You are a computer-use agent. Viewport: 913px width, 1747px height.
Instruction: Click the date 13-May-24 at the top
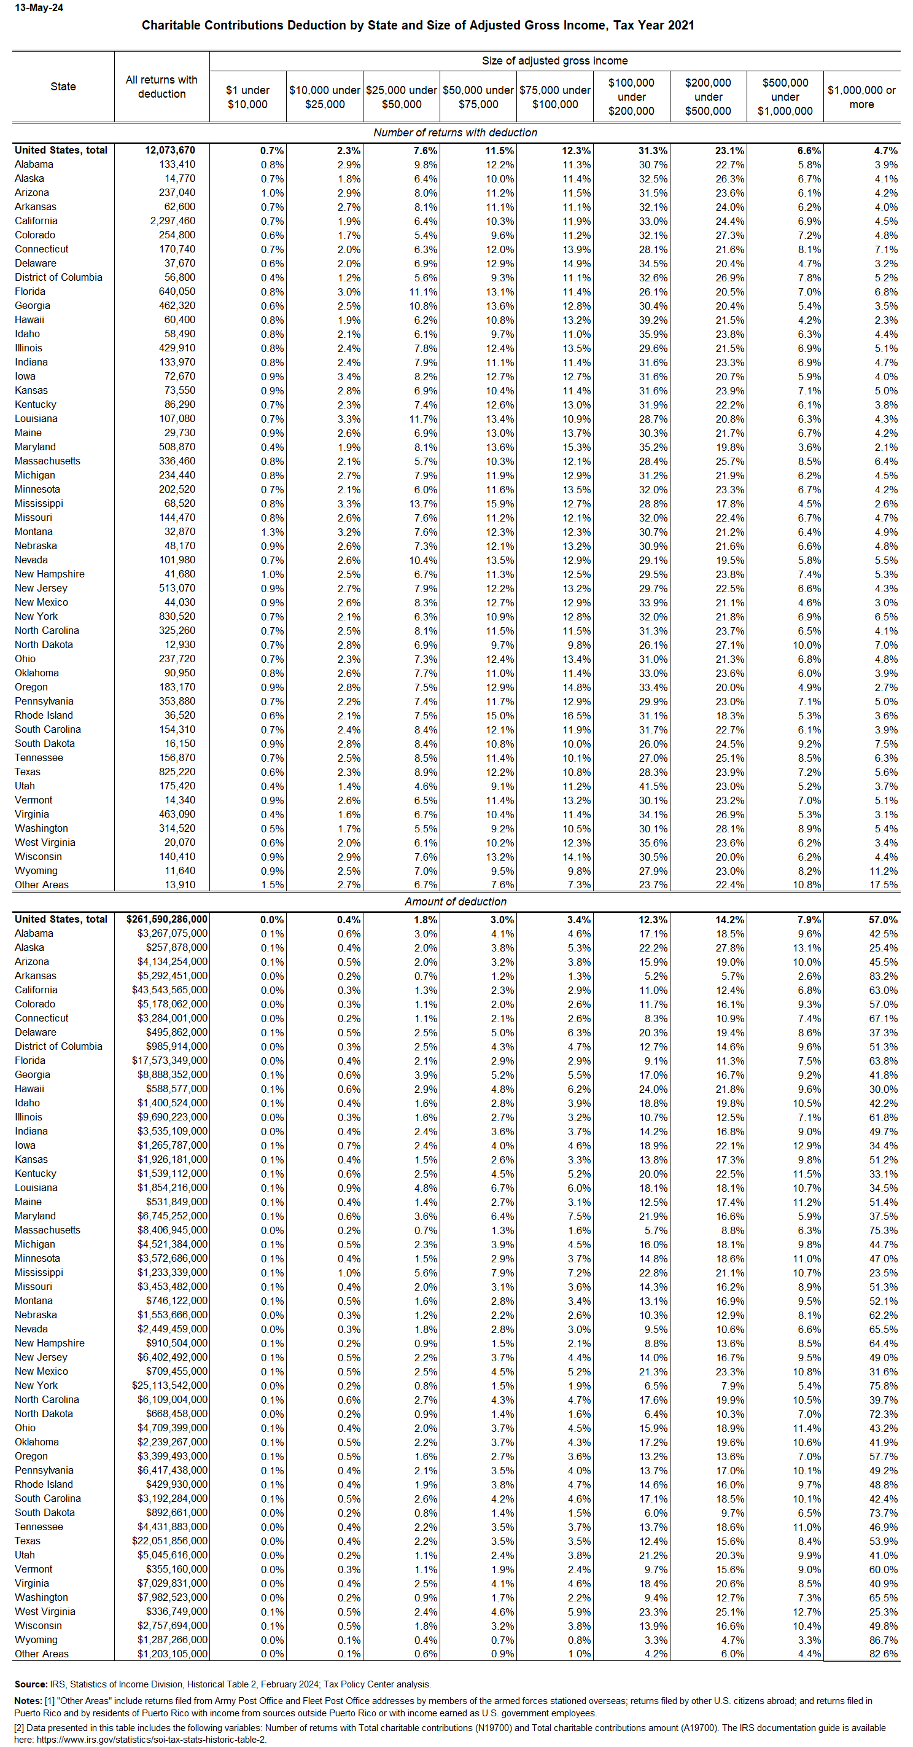[39, 8]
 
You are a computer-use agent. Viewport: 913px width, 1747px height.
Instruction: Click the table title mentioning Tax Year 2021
[418, 26]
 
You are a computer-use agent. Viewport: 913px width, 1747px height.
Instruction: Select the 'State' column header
[63, 87]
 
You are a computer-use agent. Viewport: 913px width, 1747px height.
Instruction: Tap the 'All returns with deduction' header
[161, 87]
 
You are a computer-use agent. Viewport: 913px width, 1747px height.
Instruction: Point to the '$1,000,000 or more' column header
[861, 97]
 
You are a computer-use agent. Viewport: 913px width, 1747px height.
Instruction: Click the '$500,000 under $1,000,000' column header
[784, 97]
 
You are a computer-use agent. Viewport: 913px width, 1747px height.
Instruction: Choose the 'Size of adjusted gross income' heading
[554, 61]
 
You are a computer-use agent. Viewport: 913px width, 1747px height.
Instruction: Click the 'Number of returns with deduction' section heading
[455, 133]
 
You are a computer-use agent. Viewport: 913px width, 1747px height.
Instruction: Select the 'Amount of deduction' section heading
[455, 901]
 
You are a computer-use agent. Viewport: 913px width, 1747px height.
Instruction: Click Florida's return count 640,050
[177, 292]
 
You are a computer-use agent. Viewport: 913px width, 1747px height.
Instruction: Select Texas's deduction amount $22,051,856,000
[169, 1541]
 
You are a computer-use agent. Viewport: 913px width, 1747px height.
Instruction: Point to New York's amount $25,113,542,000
[169, 1386]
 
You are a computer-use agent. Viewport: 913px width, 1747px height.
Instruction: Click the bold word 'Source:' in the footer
[31, 1684]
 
